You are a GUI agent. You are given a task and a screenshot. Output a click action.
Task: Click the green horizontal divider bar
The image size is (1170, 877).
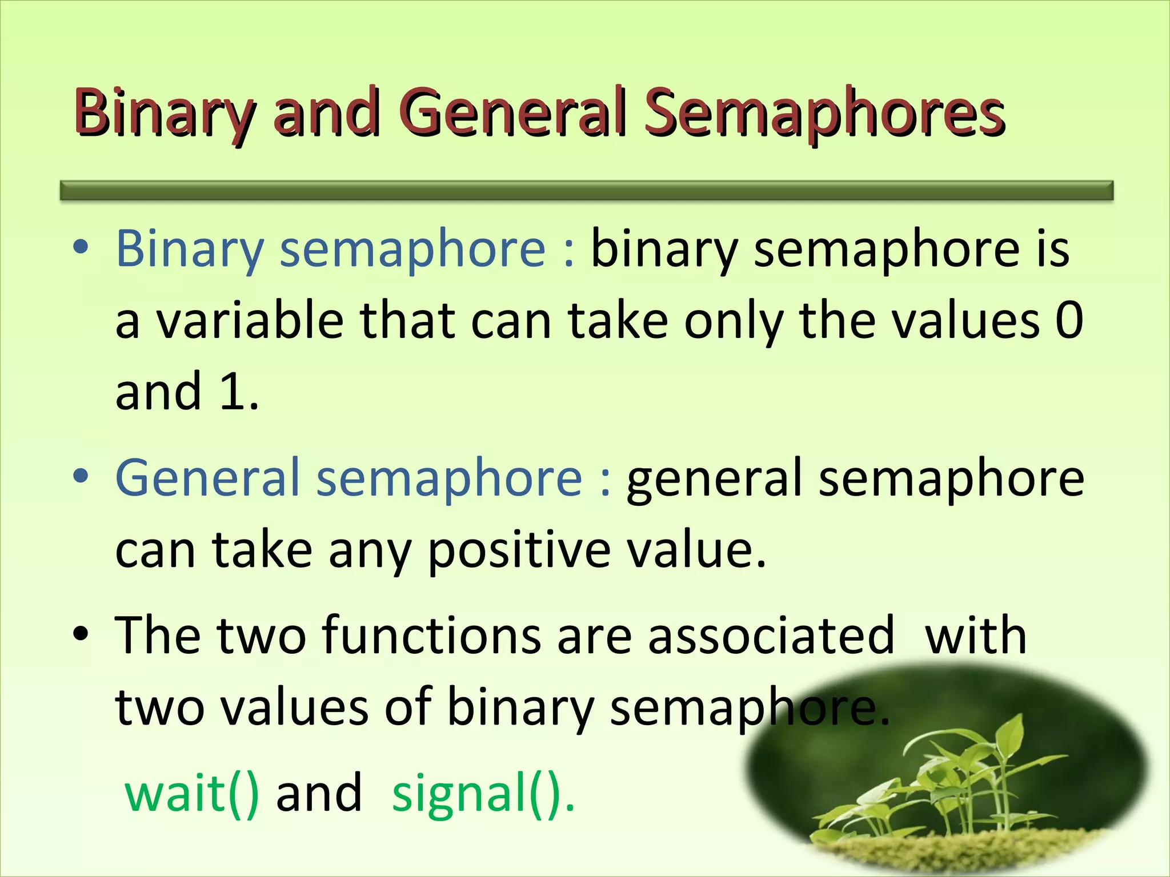tap(586, 190)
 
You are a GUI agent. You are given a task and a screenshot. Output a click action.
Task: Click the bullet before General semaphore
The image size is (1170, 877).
tap(81, 476)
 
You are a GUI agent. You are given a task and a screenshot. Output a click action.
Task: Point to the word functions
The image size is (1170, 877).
tap(431, 635)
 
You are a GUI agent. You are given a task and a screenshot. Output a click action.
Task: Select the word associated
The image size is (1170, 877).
tap(771, 635)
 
